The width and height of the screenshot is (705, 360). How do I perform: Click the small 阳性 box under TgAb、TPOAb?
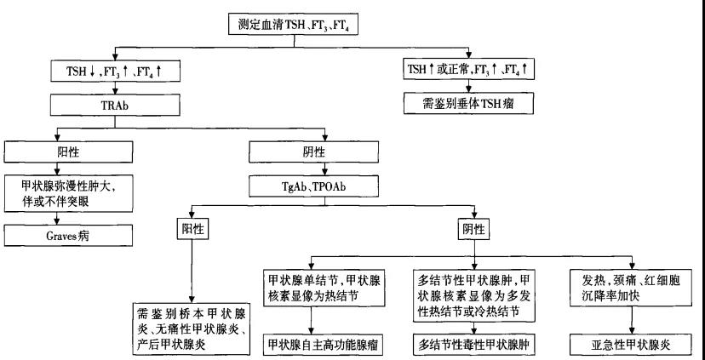[x=192, y=229]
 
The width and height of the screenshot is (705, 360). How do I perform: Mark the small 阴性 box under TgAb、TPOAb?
[x=473, y=229]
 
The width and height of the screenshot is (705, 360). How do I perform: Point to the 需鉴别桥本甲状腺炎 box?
[x=192, y=327]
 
